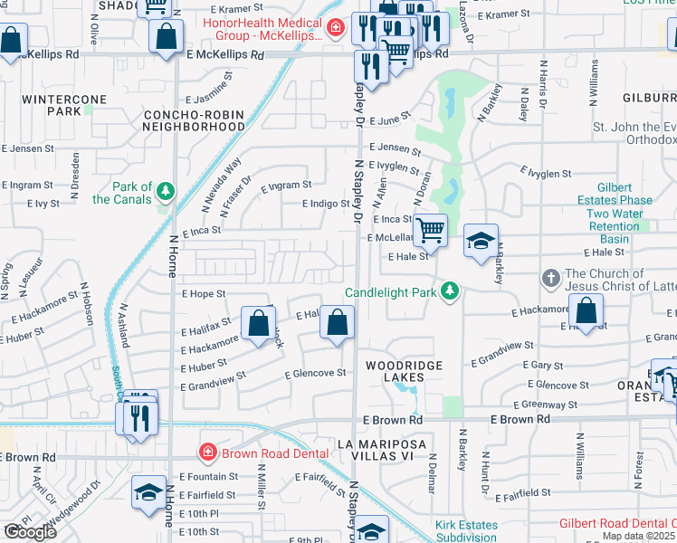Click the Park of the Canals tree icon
click(165, 190)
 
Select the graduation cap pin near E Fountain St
click(149, 491)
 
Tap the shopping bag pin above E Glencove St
click(337, 323)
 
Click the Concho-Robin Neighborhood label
click(194, 121)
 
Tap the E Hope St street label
click(203, 294)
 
